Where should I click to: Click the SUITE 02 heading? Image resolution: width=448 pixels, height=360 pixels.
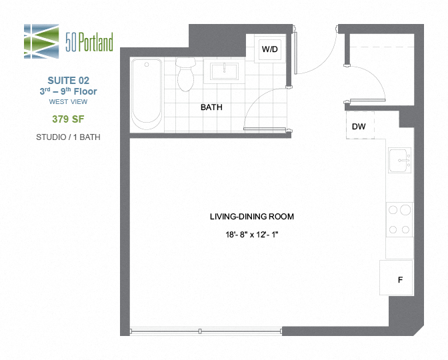pyautogui.click(x=69, y=80)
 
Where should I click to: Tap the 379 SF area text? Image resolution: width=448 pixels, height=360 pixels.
pyautogui.click(x=69, y=119)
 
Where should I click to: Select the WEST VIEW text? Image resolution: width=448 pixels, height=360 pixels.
pyautogui.click(x=69, y=102)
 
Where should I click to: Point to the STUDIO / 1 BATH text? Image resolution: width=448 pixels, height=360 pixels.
pyautogui.click(x=69, y=137)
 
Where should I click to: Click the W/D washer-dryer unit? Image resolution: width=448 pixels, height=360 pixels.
pyautogui.click(x=269, y=49)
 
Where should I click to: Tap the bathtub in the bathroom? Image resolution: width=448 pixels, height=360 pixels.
pyautogui.click(x=146, y=93)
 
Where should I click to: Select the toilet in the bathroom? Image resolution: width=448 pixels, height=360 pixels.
pyautogui.click(x=185, y=74)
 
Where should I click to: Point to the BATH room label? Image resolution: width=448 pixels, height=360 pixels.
pyautogui.click(x=211, y=107)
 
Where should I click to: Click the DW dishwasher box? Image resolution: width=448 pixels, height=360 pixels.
pyautogui.click(x=359, y=126)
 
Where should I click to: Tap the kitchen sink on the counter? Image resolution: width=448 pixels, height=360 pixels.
pyautogui.click(x=400, y=161)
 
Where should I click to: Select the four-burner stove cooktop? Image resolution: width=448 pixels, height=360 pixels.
pyautogui.click(x=400, y=220)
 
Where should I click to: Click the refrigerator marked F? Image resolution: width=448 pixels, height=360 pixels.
pyautogui.click(x=399, y=278)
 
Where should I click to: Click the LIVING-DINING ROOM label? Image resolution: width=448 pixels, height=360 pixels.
pyautogui.click(x=251, y=217)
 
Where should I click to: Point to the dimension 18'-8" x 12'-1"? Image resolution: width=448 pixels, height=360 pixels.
pyautogui.click(x=251, y=235)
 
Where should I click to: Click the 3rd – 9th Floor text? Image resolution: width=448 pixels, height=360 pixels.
pyautogui.click(x=69, y=91)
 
